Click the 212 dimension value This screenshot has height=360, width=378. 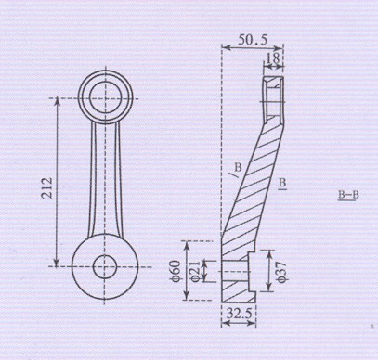coord(47,187)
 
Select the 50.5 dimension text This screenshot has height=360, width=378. coord(253,40)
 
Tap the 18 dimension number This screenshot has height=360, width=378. coord(273,58)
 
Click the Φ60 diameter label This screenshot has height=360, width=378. coord(175,271)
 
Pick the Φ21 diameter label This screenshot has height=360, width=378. coord(195,271)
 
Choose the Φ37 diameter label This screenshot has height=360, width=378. coord(283,272)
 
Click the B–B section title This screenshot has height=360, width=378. coord(348,196)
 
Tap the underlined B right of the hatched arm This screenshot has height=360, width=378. coord(282,184)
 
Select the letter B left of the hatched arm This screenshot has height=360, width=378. coord(238,167)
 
